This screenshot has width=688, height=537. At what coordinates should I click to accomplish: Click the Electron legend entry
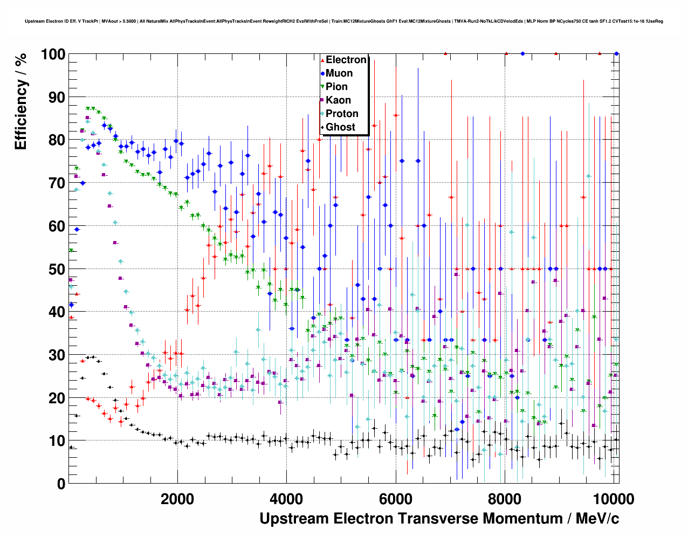[346, 60]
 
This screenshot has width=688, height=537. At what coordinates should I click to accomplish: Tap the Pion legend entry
[336, 87]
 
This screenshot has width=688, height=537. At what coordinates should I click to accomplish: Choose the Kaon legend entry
[338, 100]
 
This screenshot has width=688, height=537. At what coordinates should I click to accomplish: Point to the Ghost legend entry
[340, 127]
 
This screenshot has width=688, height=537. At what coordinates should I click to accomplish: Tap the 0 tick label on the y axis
[61, 484]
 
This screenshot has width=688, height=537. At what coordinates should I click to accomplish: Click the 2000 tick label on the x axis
[177, 499]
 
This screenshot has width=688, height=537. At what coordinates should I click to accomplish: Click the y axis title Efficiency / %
[21, 101]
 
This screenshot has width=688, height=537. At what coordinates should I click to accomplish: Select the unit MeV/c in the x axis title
[597, 519]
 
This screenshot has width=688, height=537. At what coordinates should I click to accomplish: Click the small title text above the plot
[343, 21]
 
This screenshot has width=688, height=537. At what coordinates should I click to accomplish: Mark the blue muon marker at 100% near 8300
[522, 53]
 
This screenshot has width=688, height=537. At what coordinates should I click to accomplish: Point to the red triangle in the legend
[322, 60]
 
